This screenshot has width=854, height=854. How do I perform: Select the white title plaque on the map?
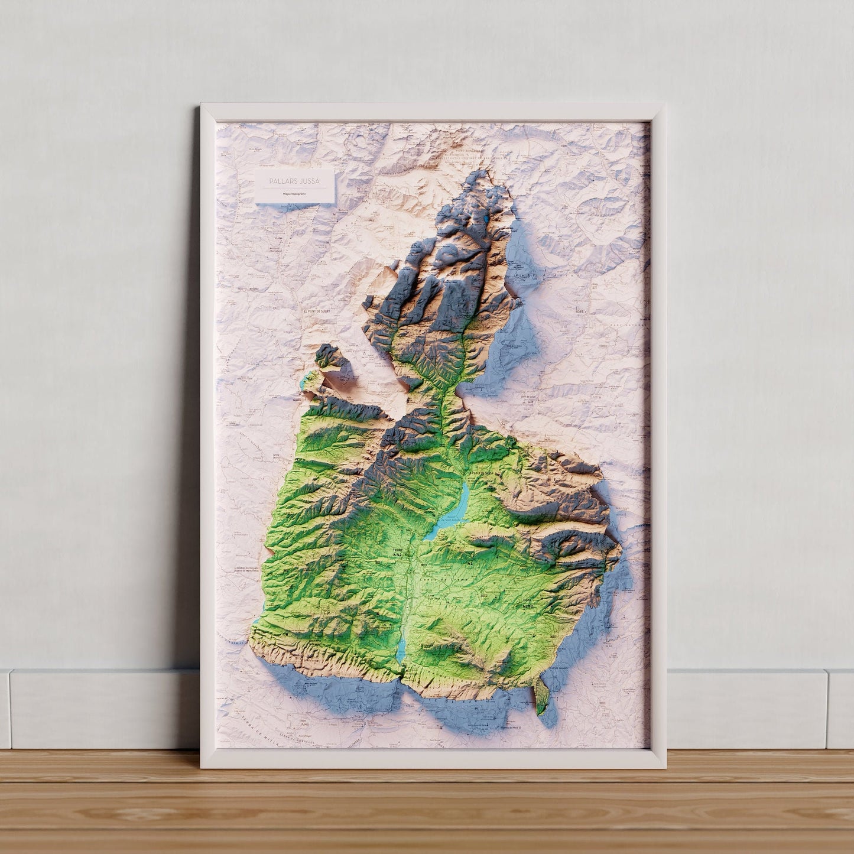(x=294, y=186)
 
